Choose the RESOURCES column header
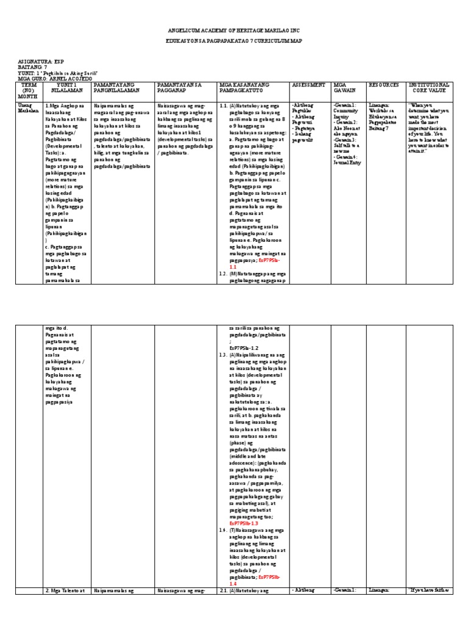[x=385, y=84]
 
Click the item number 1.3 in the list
[x=223, y=354]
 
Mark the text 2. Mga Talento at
[x=68, y=590]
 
